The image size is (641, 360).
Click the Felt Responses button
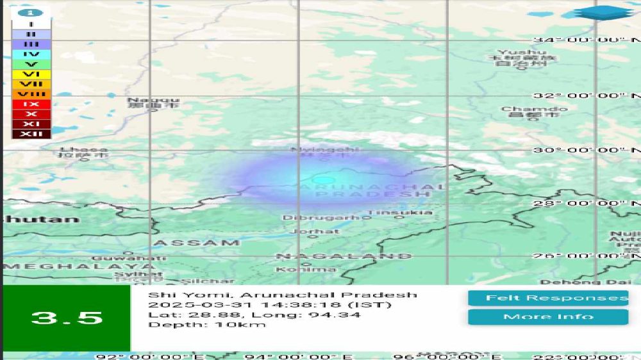click(x=548, y=298)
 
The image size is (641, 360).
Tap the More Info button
click(x=548, y=316)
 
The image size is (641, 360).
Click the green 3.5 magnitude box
click(x=67, y=318)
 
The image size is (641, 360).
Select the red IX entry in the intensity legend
click(x=31, y=104)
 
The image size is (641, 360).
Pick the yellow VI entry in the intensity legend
click(x=31, y=74)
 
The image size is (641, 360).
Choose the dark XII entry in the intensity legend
click(x=31, y=134)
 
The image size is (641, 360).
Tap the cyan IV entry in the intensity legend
click(x=31, y=54)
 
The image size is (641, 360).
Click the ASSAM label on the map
click(x=197, y=243)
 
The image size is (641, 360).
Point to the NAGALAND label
click(x=344, y=256)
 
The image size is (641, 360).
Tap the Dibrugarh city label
click(x=321, y=218)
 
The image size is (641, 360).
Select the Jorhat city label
click(x=314, y=231)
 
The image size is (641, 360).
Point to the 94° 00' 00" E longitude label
click(x=299, y=356)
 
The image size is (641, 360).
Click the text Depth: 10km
click(x=206, y=325)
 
